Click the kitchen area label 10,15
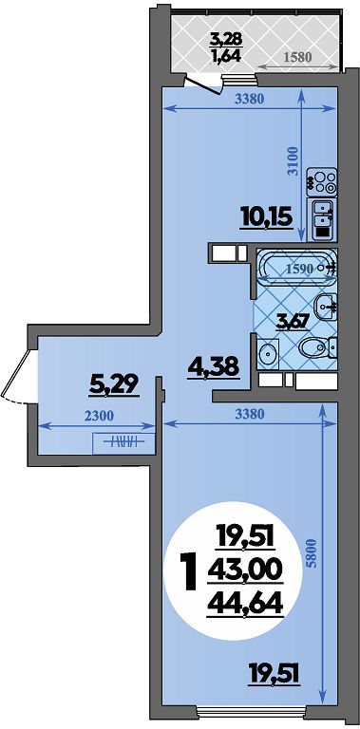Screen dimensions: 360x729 coord(267,217)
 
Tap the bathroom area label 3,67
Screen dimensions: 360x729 coord(293,322)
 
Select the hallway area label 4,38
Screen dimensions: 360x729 coord(214,366)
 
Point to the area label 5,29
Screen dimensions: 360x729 coord(115,385)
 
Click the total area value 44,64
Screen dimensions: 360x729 coord(245,604)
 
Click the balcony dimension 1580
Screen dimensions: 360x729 coord(296,57)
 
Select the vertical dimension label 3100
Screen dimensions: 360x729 coord(293,159)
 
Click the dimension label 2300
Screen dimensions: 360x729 coord(100,416)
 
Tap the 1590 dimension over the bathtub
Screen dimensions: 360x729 coord(300,269)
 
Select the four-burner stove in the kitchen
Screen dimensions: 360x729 coord(322,182)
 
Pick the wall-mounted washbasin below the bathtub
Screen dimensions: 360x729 coord(326,307)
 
